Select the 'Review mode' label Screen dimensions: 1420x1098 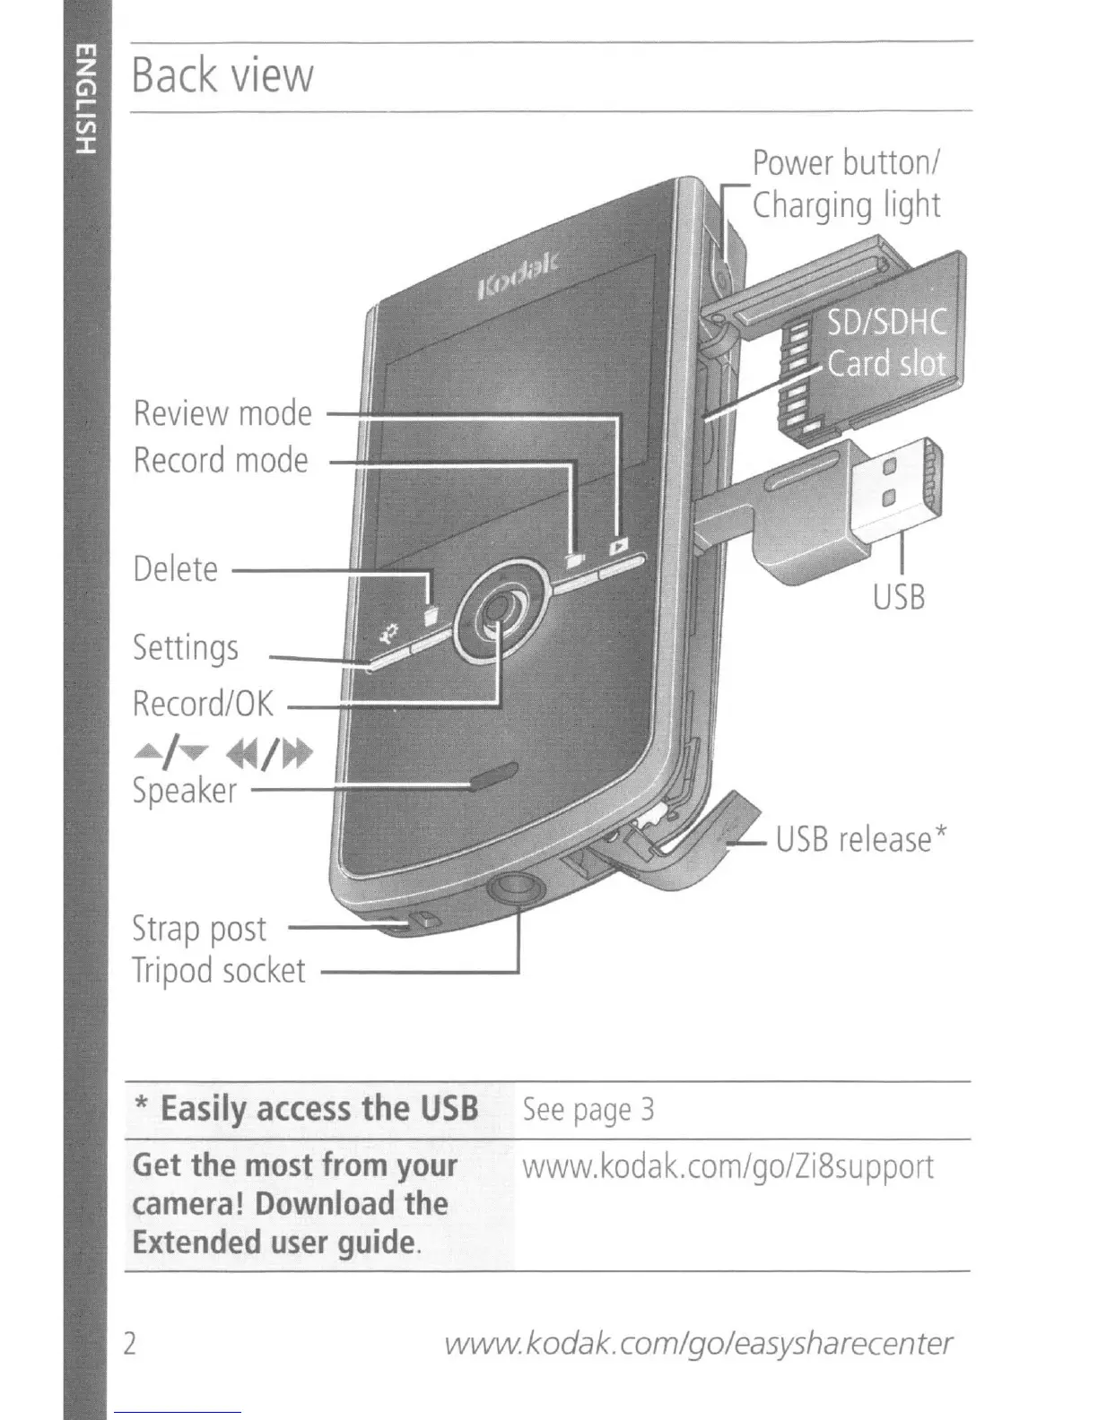[222, 413]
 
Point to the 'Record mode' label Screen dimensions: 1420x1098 [221, 461]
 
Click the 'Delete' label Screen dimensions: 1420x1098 [175, 569]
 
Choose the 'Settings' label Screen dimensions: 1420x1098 [186, 648]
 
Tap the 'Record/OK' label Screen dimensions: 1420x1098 [203, 704]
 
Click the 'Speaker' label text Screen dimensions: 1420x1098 [184, 791]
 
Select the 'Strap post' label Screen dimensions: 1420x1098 [199, 929]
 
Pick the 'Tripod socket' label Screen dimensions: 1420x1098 [219, 971]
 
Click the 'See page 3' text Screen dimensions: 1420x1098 [588, 1111]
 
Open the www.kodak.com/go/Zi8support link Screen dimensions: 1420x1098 [728, 1167]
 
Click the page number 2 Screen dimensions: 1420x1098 [131, 1344]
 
